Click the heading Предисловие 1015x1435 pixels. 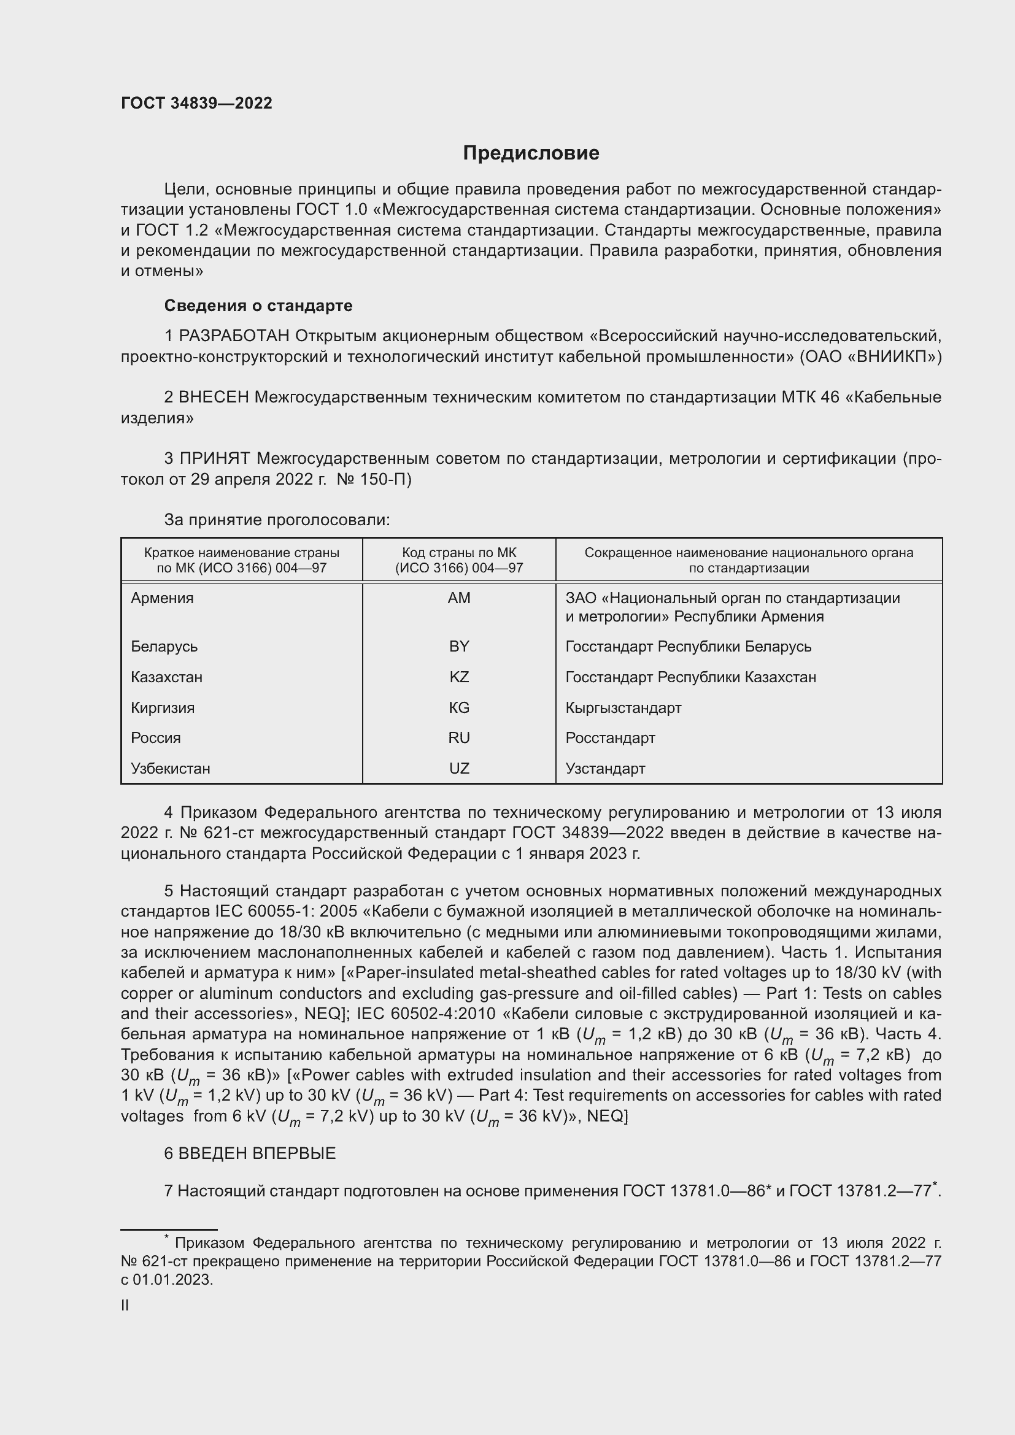pyautogui.click(x=531, y=153)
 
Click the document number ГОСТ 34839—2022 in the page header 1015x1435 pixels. pyautogui.click(x=196, y=103)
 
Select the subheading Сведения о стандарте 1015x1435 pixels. pyautogui.click(x=258, y=306)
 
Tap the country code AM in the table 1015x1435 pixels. pyautogui.click(x=459, y=598)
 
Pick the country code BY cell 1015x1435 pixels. pyautogui.click(x=459, y=646)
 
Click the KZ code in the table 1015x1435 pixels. pyautogui.click(x=459, y=677)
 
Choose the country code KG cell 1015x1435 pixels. pyautogui.click(x=459, y=707)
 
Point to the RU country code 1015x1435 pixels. pyautogui.click(x=459, y=737)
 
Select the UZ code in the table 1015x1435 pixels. pyautogui.click(x=459, y=768)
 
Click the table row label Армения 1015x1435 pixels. pyautogui.click(x=162, y=598)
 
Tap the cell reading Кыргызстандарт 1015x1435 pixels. pyautogui.click(x=623, y=707)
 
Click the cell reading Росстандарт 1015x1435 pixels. pyautogui.click(x=610, y=737)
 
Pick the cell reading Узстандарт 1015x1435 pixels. pyautogui.click(x=605, y=768)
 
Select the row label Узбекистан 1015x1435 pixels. pyautogui.click(x=170, y=768)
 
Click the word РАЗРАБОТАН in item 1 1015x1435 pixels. pyautogui.click(x=234, y=336)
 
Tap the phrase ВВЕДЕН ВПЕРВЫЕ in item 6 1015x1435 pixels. pyautogui.click(x=257, y=1153)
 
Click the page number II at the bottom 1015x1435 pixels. pyautogui.click(x=125, y=1305)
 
